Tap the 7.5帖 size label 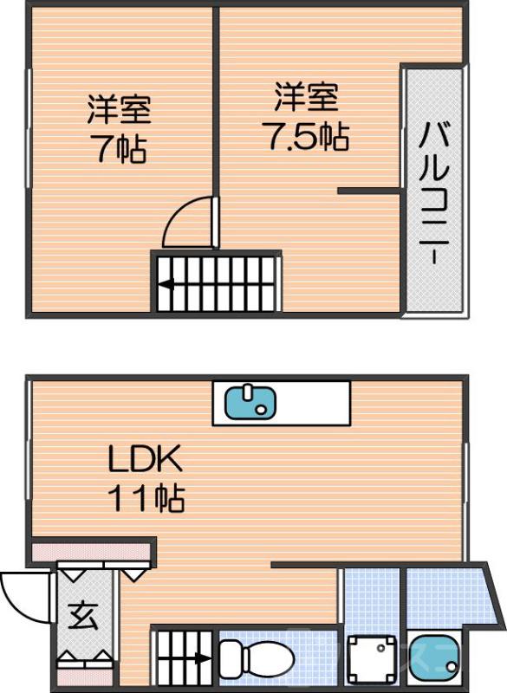(306, 137)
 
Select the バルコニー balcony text (433, 191)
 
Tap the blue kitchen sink (250, 402)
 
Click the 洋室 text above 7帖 (120, 111)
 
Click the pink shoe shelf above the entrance (91, 551)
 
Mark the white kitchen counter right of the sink (313, 402)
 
